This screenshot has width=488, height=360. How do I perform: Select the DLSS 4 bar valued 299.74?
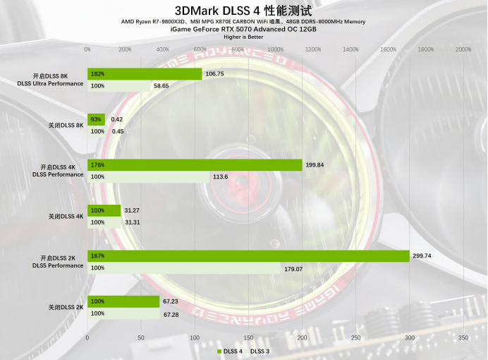248,256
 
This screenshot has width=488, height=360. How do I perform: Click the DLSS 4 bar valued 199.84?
195,165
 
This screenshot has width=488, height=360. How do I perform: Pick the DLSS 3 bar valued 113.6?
148,177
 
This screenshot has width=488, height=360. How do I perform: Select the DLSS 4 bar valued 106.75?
145,73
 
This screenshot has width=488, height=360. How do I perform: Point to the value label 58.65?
161,85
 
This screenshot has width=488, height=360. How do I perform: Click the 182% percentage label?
97,73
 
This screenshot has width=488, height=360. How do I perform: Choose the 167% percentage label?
97,256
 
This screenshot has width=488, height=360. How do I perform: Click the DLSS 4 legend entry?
230,351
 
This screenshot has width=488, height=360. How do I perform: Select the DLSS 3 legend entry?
260,351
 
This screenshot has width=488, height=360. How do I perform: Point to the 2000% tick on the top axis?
463,49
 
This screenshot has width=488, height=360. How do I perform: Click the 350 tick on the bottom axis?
463,338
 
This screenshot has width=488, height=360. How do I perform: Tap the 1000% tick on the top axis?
275,49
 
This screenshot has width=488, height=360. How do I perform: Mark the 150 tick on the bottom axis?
248,338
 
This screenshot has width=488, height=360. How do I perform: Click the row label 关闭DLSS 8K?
66,125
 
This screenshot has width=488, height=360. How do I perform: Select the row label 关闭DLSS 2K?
66,307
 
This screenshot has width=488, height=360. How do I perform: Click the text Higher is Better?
243,37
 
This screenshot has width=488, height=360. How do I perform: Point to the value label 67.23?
171,301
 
